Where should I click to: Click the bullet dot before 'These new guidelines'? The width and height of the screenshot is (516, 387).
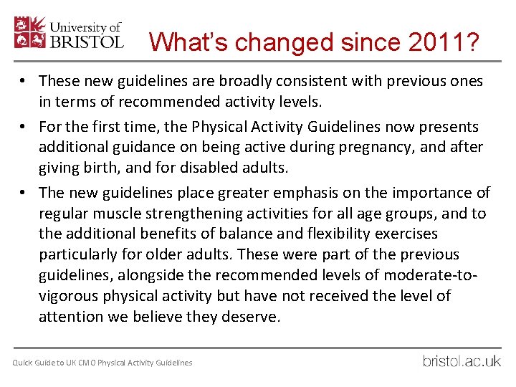(x=24, y=81)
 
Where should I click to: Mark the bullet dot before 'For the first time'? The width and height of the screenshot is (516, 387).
(x=24, y=127)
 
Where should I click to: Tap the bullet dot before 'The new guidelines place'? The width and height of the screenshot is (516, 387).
(x=24, y=192)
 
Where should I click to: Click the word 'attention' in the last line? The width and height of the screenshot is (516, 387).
(x=70, y=317)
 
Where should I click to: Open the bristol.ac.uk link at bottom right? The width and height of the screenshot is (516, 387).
(x=462, y=360)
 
